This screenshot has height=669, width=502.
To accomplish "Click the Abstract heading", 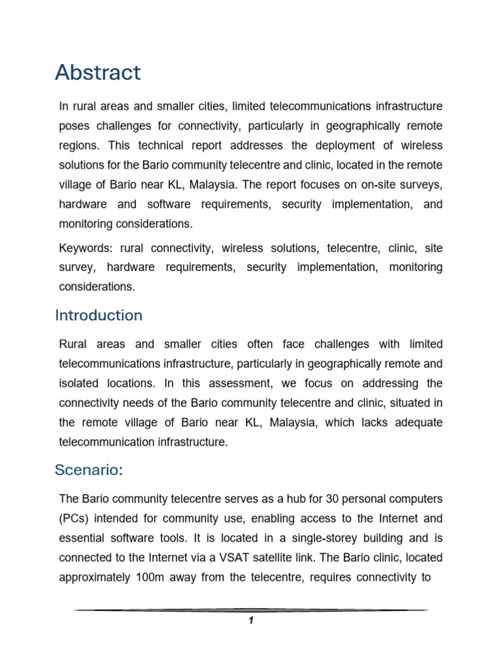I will point(97,73).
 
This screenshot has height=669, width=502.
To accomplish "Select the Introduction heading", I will point(99,316).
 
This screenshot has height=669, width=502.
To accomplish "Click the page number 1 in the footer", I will point(250,621).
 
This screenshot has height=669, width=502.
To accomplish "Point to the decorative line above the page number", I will point(250,610).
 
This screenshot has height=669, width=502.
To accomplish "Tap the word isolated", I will point(78,383).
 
